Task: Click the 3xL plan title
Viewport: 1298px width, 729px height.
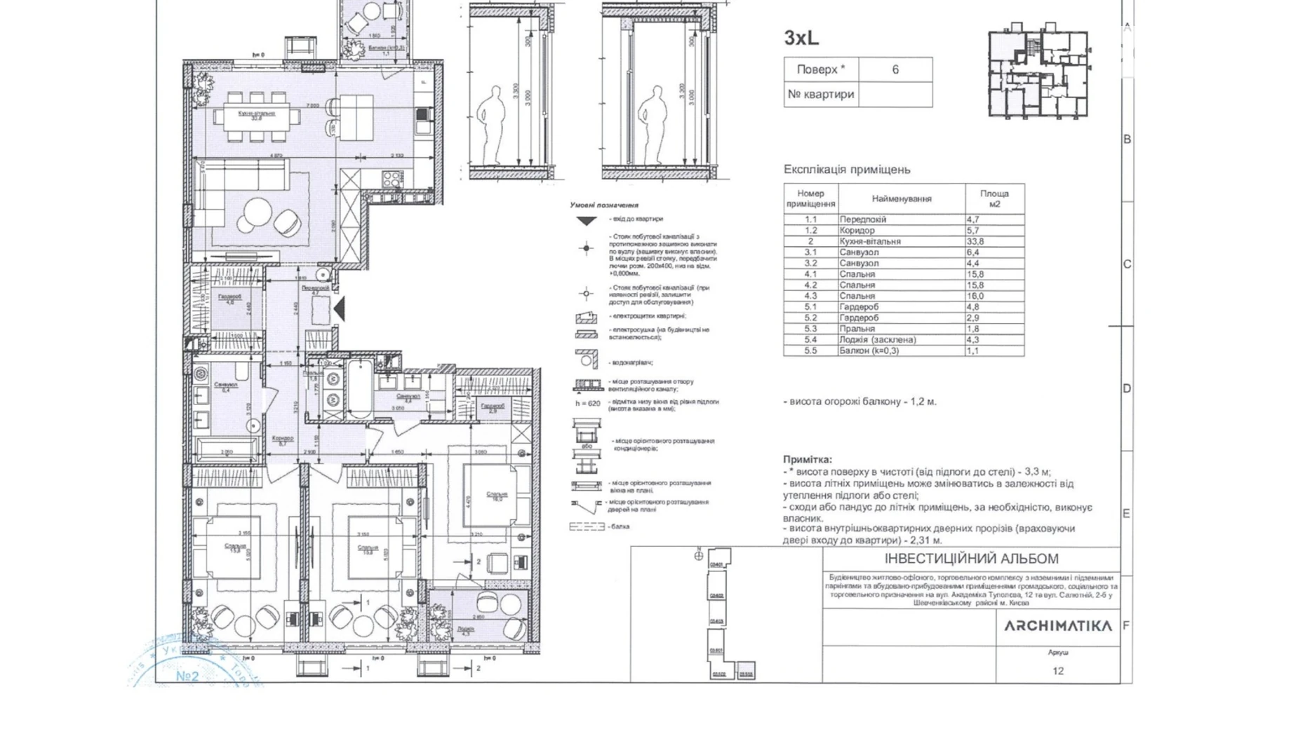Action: click(801, 38)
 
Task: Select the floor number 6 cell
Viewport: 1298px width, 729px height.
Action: click(895, 69)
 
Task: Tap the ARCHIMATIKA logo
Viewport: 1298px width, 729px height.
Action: click(1057, 626)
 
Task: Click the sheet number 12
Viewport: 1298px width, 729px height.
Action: click(1057, 671)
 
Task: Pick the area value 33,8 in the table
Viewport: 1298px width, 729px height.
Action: click(975, 241)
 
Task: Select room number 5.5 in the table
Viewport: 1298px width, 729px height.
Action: click(810, 350)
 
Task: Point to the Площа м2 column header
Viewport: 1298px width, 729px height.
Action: click(993, 198)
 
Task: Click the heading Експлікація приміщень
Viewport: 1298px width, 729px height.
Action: click(846, 170)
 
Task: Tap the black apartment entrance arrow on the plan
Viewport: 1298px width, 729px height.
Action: click(340, 308)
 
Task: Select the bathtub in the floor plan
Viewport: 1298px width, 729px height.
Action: click(359, 390)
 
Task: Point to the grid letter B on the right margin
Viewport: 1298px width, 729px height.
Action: click(1127, 139)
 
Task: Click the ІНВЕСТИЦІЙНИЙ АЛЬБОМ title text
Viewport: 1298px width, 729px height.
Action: click(971, 559)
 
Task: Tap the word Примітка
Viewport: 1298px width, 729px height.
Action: click(807, 460)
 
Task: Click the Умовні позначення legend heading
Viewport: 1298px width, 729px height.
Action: click(604, 205)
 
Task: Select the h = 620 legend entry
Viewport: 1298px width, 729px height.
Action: click(588, 403)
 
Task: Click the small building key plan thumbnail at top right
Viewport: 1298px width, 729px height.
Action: click(1038, 73)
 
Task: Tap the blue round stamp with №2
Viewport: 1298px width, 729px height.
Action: click(188, 666)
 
